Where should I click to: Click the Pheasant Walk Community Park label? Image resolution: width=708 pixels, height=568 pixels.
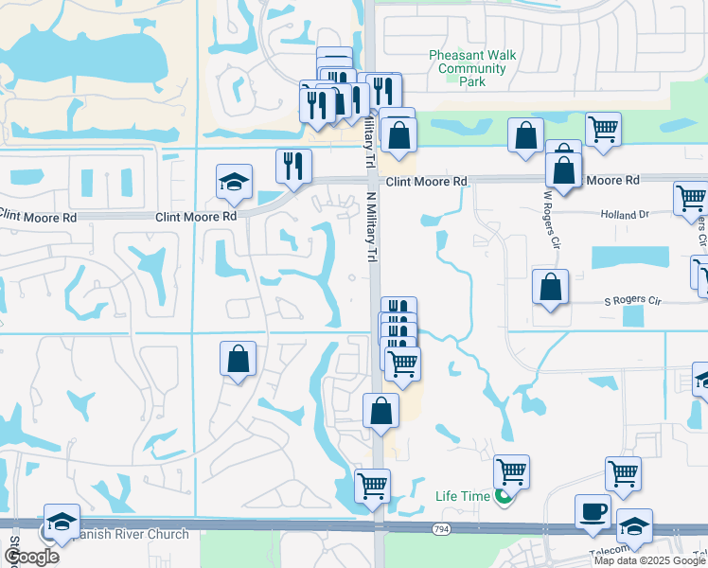coord(472,69)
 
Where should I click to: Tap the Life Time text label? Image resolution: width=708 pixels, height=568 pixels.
coord(464,496)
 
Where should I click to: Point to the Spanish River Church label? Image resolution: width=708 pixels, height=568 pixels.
coord(133,534)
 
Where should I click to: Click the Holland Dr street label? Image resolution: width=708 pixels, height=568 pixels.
coord(625,215)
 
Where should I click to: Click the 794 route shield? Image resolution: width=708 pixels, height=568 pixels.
coord(441,528)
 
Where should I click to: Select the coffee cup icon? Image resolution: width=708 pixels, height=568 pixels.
coord(593,511)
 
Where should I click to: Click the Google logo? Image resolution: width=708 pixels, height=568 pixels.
coord(31,557)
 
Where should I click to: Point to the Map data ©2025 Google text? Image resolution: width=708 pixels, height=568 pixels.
coord(650,560)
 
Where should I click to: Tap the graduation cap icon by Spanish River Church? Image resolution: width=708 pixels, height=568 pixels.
coord(62,523)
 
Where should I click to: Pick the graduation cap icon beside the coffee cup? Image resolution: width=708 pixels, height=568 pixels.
coord(634,526)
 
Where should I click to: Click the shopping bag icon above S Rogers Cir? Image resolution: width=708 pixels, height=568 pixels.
coord(550,287)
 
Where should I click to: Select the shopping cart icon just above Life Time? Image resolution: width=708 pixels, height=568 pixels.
coord(511,471)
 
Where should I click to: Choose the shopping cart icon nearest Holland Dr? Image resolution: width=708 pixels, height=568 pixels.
coord(691,199)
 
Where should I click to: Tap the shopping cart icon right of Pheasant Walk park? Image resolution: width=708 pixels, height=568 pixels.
coord(603,128)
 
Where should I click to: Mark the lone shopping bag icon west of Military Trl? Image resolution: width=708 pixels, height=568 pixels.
coord(238,359)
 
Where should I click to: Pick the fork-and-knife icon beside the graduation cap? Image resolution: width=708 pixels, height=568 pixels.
coord(293,166)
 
